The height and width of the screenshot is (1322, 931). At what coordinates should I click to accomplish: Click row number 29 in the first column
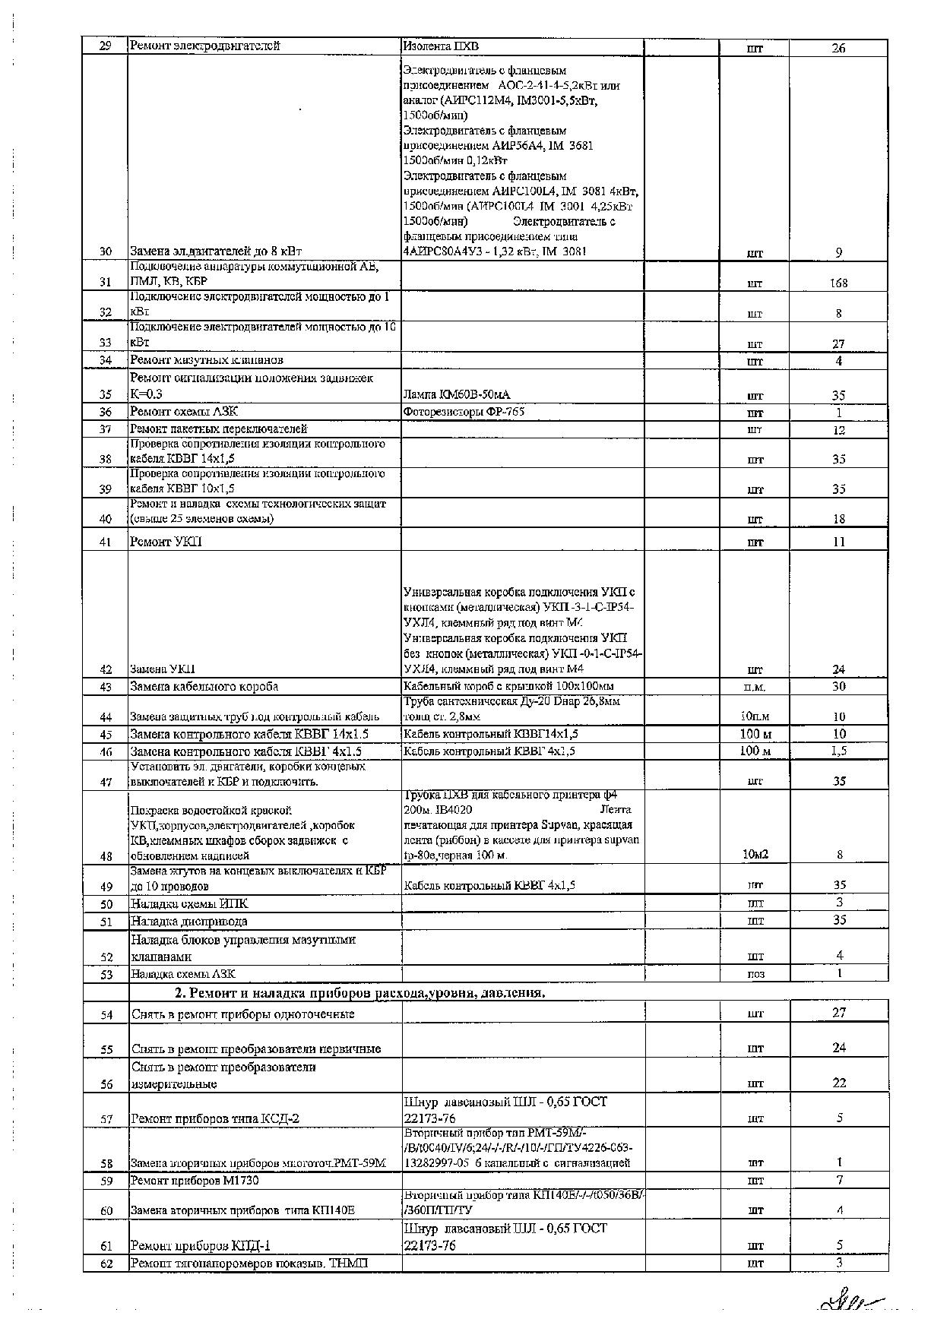click(x=106, y=46)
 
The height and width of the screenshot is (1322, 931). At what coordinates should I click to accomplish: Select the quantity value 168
click(x=838, y=283)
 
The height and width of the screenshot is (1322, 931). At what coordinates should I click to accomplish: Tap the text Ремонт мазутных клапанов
click(x=207, y=360)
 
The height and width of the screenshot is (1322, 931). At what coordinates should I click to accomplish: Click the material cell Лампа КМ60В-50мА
click(x=457, y=394)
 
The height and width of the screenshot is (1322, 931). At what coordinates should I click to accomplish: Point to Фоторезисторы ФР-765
click(x=464, y=412)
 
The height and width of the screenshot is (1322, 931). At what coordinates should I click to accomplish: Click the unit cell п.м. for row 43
click(x=755, y=687)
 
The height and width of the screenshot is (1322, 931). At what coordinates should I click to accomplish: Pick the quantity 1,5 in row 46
click(x=838, y=751)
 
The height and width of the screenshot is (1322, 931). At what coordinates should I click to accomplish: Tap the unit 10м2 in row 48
click(x=755, y=855)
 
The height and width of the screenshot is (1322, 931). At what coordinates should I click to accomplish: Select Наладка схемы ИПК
click(x=189, y=904)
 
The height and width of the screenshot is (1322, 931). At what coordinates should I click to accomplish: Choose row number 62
click(x=106, y=1263)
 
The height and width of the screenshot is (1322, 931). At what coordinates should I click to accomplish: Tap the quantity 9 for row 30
click(x=838, y=252)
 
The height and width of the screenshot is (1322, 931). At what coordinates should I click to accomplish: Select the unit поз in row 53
click(x=755, y=974)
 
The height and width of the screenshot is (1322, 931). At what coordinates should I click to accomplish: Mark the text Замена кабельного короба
click(x=204, y=687)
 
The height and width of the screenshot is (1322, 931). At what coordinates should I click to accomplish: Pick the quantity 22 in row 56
click(x=839, y=1083)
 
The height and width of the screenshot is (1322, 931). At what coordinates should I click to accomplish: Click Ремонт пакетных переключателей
click(x=219, y=429)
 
